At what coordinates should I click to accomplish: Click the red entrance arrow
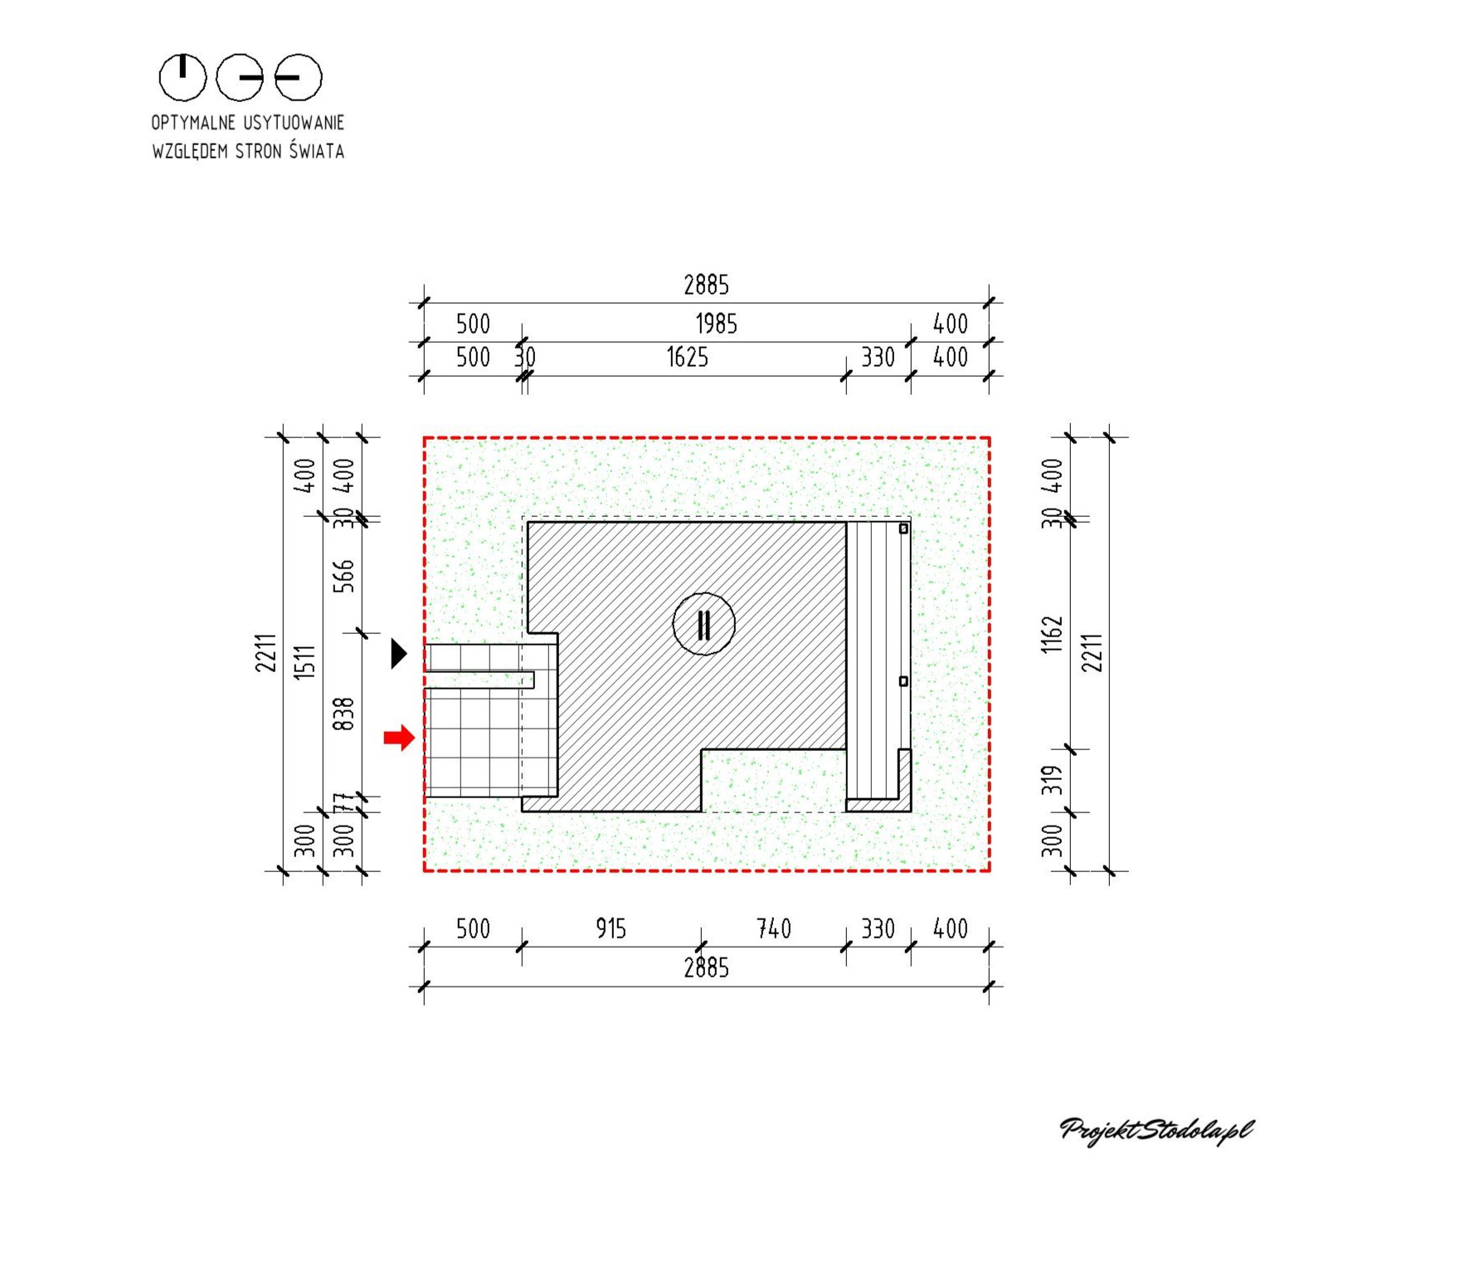click(x=399, y=737)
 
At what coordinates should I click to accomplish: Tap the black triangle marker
click(x=399, y=653)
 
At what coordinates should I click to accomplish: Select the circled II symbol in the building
click(x=703, y=624)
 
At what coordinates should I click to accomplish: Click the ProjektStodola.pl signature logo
click(x=1156, y=1130)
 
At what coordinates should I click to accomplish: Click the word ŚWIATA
click(x=316, y=151)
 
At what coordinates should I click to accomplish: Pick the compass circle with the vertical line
click(x=182, y=77)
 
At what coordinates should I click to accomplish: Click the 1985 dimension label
click(x=716, y=324)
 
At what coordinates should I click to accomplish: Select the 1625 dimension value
click(x=687, y=358)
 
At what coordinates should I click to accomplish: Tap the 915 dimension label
click(x=611, y=928)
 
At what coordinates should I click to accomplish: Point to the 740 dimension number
click(x=773, y=928)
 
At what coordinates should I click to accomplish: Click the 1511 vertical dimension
click(x=304, y=662)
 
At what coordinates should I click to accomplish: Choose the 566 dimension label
click(x=343, y=576)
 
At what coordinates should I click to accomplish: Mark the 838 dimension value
click(x=343, y=714)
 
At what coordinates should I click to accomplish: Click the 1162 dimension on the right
click(x=1052, y=634)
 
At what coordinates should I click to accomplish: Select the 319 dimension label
click(x=1052, y=780)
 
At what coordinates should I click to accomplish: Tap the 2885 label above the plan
click(x=706, y=285)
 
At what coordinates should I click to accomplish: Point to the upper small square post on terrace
click(x=903, y=529)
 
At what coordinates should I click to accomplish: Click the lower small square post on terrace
click(x=903, y=681)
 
